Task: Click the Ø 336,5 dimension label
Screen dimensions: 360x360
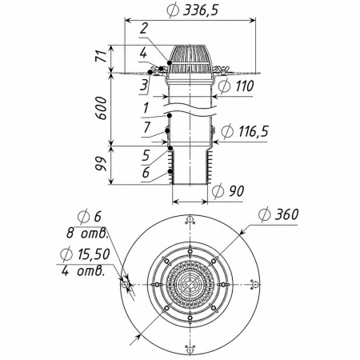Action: click(x=193, y=10)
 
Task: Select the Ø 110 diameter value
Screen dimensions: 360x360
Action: click(x=235, y=86)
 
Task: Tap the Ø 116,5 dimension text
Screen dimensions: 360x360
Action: click(x=245, y=131)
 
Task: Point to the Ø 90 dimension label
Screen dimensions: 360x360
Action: click(x=228, y=191)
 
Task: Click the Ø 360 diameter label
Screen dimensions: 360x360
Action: click(x=278, y=214)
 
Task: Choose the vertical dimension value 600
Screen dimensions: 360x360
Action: click(x=101, y=108)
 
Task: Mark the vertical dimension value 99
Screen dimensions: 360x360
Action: click(x=101, y=163)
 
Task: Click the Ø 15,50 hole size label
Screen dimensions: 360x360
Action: click(x=85, y=254)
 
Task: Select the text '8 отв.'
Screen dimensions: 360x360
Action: click(x=87, y=234)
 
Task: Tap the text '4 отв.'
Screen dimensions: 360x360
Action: click(x=82, y=271)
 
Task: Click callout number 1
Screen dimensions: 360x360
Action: click(x=146, y=108)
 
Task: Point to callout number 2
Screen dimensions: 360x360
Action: click(x=144, y=28)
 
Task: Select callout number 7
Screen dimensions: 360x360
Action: click(x=146, y=127)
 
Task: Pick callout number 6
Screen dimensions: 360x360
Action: click(x=146, y=173)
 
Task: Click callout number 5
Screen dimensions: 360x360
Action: click(x=146, y=155)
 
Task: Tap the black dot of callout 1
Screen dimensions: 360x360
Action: click(x=169, y=115)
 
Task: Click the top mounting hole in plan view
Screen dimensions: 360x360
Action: click(x=190, y=220)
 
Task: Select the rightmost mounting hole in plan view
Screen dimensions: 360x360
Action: click(x=254, y=285)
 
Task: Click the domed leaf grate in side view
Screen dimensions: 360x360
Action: click(x=190, y=59)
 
